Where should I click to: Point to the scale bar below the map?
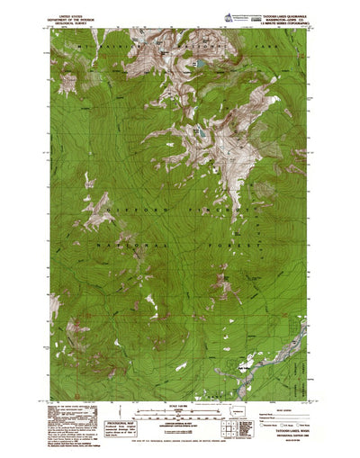point(180,409)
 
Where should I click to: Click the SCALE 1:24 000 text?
point(180,401)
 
